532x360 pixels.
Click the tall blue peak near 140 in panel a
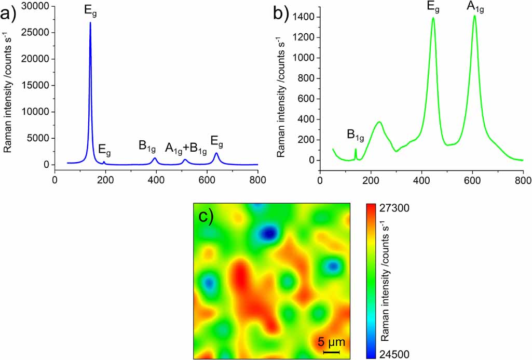click(90, 23)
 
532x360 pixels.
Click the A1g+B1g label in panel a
click(186, 148)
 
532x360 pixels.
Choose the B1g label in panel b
click(356, 136)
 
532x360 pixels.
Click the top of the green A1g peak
click(474, 17)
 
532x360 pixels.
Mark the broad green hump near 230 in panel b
click(379, 123)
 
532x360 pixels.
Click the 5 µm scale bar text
click(331, 342)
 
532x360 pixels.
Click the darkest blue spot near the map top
click(268, 234)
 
